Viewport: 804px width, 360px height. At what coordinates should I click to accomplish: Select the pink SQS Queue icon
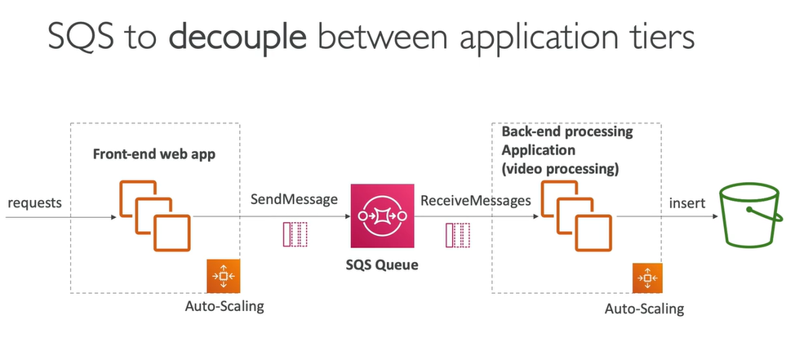point(378,216)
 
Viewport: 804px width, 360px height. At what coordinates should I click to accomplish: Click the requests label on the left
point(35,202)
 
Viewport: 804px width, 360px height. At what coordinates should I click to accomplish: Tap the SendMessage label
point(295,198)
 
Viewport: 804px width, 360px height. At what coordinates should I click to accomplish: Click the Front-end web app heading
point(154,153)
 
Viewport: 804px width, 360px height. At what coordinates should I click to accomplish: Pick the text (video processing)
point(560,170)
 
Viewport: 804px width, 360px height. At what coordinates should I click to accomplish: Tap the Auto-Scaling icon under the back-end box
point(647,279)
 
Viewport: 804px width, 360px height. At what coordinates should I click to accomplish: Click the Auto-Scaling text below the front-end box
point(225,307)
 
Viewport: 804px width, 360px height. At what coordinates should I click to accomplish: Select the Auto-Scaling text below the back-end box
point(644,309)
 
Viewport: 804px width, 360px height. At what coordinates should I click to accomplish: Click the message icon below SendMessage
point(295,233)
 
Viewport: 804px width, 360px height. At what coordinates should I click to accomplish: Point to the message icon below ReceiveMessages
point(458,234)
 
